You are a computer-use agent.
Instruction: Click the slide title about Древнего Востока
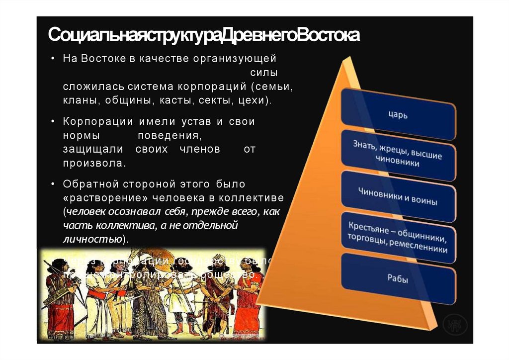204,36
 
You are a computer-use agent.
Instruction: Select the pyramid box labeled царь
398,115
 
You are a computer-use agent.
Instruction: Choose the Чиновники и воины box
398,197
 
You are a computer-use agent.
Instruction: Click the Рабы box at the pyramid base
398,279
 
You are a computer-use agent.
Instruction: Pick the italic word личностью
92,239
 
